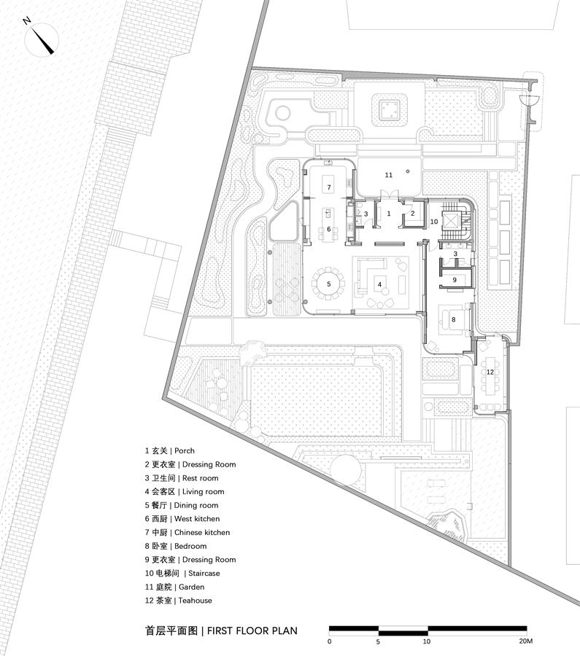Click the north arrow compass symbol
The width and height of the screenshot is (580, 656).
pos(41,39)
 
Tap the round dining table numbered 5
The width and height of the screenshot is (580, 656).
pos(329,284)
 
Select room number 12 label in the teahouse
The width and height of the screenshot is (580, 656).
pos(490,372)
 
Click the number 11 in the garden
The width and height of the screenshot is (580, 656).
pos(389,175)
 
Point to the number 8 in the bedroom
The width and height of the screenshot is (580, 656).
pos(454,320)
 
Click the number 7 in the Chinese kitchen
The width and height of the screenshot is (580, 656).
pos(329,187)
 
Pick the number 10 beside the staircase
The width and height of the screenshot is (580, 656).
pos(434,222)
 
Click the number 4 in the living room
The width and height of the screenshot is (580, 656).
pos(380,284)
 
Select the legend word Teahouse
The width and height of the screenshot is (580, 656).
pos(195,601)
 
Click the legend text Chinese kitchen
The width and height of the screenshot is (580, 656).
pos(202,532)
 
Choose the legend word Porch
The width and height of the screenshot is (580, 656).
pos(185,450)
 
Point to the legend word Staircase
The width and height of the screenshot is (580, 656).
pos(204,573)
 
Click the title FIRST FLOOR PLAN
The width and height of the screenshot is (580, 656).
pos(252,630)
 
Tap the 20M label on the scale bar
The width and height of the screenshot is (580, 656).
pos(526,641)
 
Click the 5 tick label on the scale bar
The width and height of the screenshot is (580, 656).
pos(378,641)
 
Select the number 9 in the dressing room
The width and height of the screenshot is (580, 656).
pos(455,280)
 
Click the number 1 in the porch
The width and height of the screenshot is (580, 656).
pos(389,214)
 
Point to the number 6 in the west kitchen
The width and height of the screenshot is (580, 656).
pos(329,230)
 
